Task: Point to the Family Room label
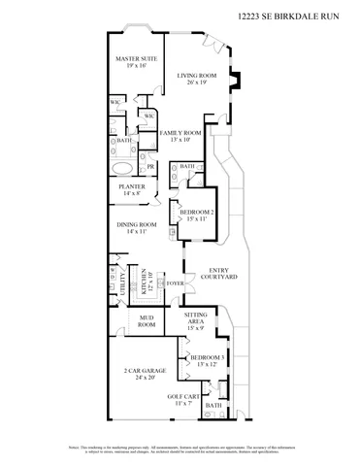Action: click(180, 132)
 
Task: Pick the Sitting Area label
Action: click(197, 319)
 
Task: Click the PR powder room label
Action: click(150, 165)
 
